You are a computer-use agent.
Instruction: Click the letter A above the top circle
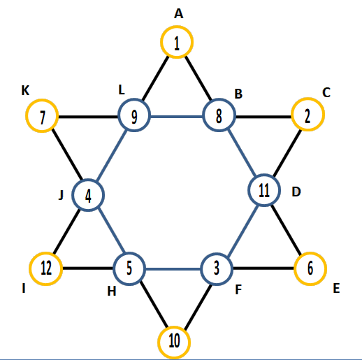179,13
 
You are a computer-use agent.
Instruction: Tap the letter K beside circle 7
25,90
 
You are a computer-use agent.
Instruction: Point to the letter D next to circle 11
296,192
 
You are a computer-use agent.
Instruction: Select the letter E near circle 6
336,288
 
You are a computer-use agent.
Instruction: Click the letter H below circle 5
112,291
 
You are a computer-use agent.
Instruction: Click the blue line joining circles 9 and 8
177,116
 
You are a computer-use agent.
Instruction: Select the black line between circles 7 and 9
88,117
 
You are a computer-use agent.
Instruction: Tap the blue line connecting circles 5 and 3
173,269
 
